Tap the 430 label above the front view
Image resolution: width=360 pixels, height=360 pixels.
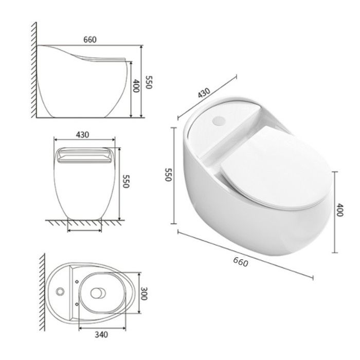(x=82, y=135)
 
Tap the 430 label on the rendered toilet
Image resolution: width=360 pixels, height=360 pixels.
(x=204, y=93)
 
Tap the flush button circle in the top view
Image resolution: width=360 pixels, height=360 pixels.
(x=60, y=292)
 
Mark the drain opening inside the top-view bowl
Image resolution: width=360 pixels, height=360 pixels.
(x=97, y=293)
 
